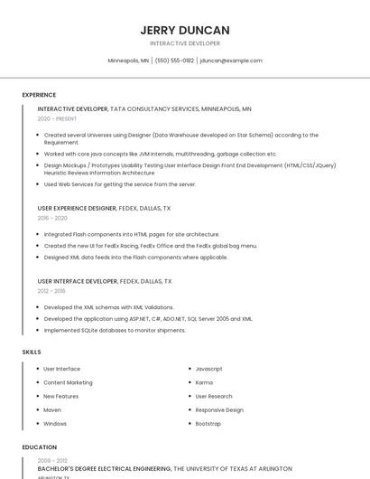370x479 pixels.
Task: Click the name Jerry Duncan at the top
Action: (185, 30)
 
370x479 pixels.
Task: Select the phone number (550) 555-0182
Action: (174, 61)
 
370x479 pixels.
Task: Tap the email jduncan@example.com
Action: (231, 61)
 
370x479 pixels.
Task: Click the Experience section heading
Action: (39, 95)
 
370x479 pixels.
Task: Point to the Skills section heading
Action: (32, 352)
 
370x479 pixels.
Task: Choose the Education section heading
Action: (40, 447)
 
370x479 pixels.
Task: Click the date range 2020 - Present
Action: (57, 118)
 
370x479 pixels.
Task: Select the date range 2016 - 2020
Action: (52, 218)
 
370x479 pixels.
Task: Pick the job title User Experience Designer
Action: (77, 208)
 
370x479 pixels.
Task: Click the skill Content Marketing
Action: (68, 382)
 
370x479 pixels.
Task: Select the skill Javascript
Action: (208, 369)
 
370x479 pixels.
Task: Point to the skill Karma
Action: (204, 382)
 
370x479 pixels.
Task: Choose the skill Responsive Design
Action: (219, 409)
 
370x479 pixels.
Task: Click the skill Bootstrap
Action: (208, 423)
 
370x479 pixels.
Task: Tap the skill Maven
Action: (53, 409)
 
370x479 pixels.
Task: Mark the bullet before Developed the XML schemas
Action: (38, 307)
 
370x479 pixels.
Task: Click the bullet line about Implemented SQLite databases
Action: (115, 330)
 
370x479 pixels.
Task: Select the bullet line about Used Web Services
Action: (120, 183)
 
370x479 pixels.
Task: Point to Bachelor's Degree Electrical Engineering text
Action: (104, 469)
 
